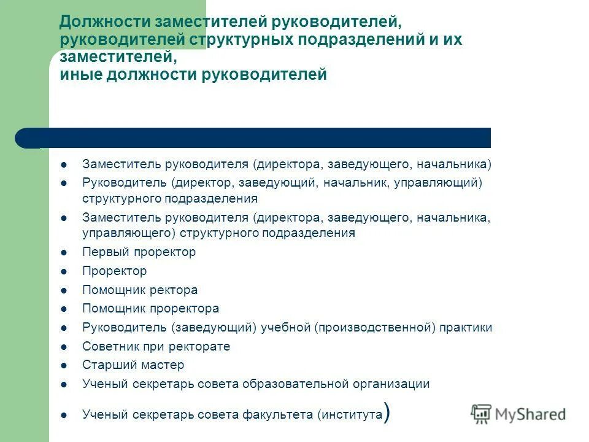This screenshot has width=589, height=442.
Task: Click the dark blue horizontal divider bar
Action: (x=258, y=138)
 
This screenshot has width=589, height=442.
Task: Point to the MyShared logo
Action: (x=518, y=414)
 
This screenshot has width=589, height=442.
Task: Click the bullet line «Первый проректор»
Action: (x=139, y=252)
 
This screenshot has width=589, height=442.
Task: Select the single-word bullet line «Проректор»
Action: (x=115, y=271)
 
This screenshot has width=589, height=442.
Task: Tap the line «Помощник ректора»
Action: (x=140, y=290)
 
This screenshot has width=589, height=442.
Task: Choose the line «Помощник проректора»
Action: (x=150, y=309)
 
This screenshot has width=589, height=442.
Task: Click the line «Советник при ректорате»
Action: (x=156, y=346)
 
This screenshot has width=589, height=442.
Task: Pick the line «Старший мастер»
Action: (x=133, y=365)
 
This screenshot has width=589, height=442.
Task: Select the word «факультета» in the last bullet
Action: (x=284, y=415)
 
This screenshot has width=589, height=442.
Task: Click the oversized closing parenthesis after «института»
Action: (x=387, y=413)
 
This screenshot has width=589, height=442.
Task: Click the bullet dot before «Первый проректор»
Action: (x=64, y=252)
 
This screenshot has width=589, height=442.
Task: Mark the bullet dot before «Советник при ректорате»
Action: (x=64, y=347)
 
